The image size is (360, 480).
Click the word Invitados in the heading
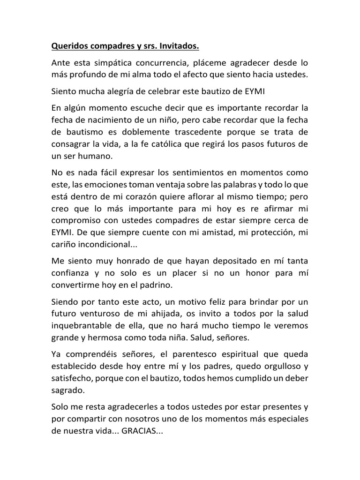tap(176, 46)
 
